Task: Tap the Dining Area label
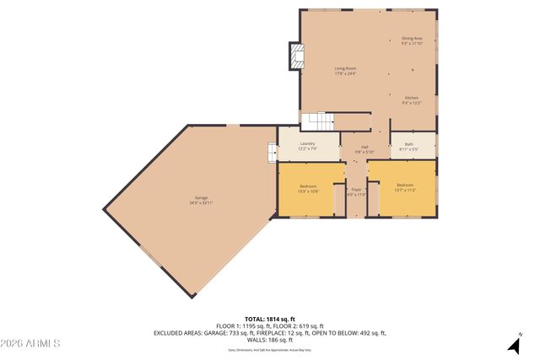tap(412, 38)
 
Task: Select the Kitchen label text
tap(411, 98)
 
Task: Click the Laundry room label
tap(307, 143)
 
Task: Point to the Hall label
tap(365, 147)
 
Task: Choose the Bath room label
tap(409, 144)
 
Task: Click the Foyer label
tap(356, 190)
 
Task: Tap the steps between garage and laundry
tap(272, 152)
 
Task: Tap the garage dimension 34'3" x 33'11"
tap(202, 203)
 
